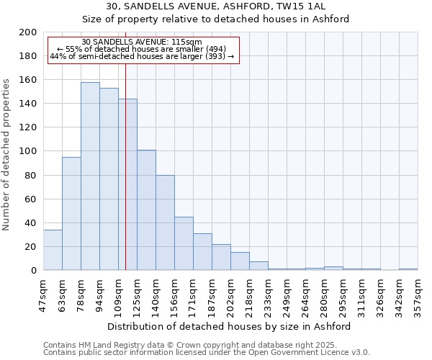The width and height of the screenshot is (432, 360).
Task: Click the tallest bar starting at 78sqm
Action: [x=90, y=176]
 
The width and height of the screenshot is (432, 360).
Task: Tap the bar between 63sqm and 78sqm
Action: [x=71, y=214]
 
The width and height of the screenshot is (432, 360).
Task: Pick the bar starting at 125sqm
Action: [x=146, y=210]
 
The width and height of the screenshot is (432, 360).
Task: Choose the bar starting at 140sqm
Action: [x=165, y=222]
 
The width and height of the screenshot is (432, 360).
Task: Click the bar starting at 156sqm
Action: [x=184, y=243]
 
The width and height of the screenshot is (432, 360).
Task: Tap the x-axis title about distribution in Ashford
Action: [x=228, y=326]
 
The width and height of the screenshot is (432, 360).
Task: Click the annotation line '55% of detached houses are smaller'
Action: [x=142, y=49]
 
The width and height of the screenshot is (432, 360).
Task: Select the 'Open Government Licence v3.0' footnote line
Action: [x=207, y=352]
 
